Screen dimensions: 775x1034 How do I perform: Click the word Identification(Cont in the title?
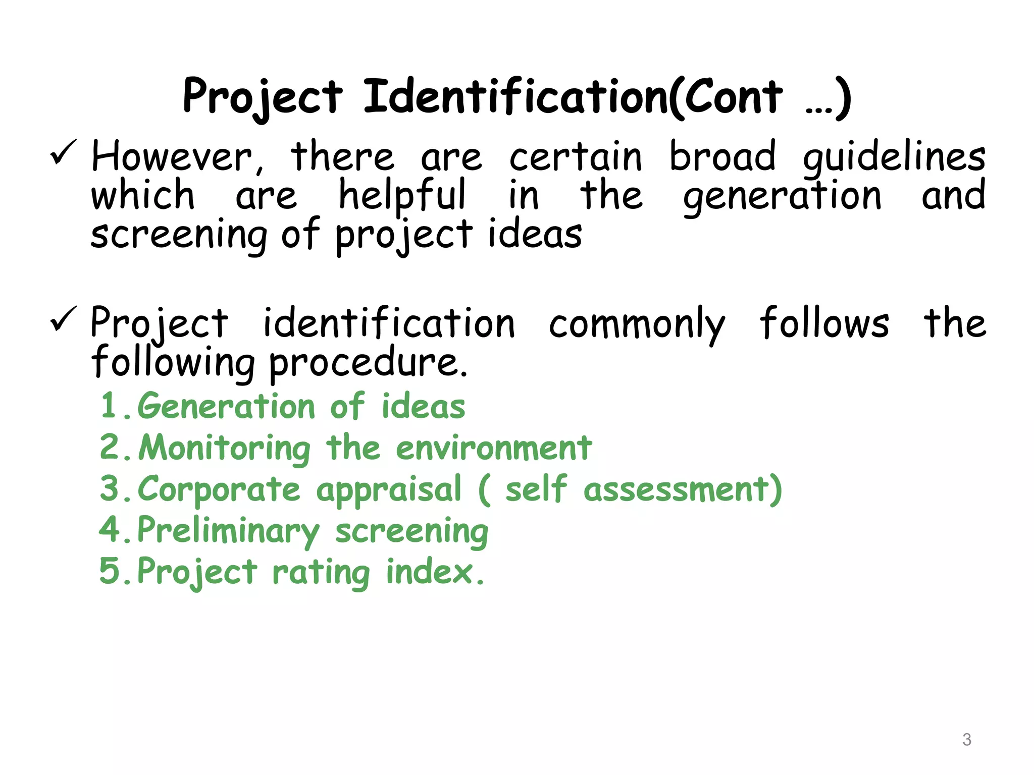click(x=573, y=97)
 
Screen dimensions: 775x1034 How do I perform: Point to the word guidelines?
click(x=894, y=158)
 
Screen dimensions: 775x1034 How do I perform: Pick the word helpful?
click(x=402, y=196)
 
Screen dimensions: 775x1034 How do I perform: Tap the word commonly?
click(x=637, y=324)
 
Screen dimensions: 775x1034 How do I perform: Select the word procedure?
click(x=368, y=363)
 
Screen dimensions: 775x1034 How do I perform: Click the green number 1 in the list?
click(x=110, y=406)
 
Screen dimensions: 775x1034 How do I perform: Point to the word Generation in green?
click(x=226, y=407)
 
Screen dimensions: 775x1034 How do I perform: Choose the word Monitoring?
click(x=225, y=448)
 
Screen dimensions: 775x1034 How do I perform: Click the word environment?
click(x=494, y=448)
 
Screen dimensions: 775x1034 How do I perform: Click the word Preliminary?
click(x=228, y=531)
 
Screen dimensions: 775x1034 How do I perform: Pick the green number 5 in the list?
click(x=110, y=571)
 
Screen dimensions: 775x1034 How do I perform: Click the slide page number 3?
click(x=966, y=740)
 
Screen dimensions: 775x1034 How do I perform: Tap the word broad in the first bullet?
click(x=722, y=157)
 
